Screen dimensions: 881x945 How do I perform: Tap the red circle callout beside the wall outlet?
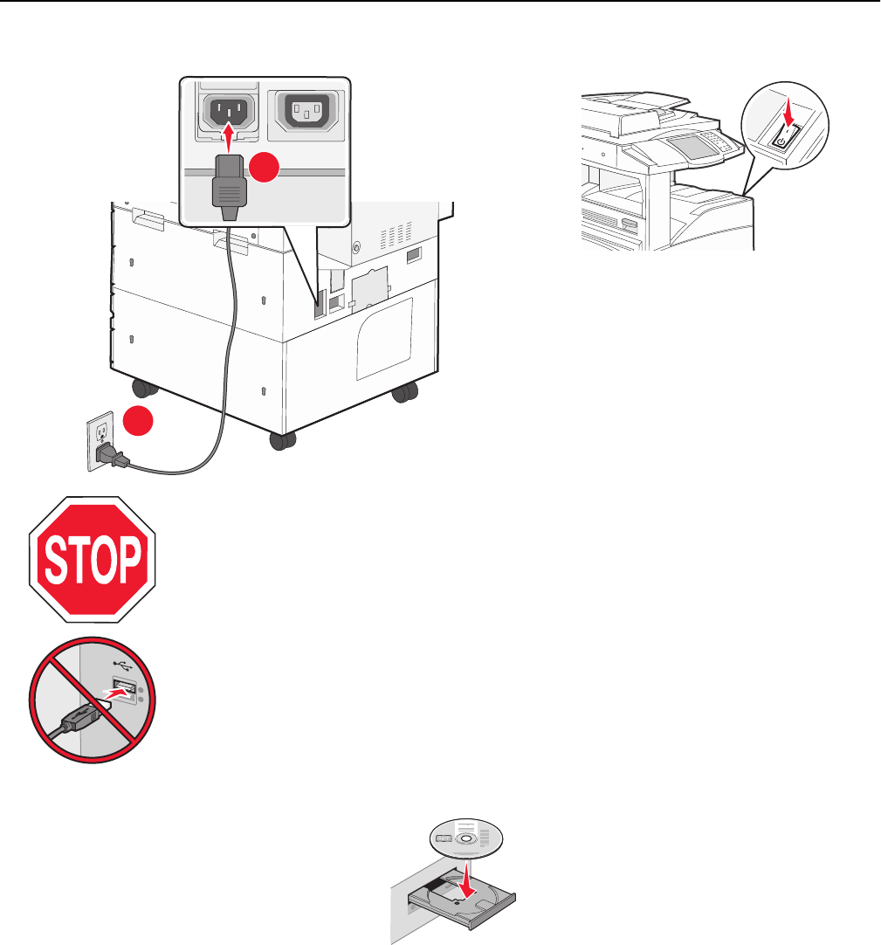coord(136,422)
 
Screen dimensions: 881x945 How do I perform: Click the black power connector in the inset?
coord(227,183)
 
